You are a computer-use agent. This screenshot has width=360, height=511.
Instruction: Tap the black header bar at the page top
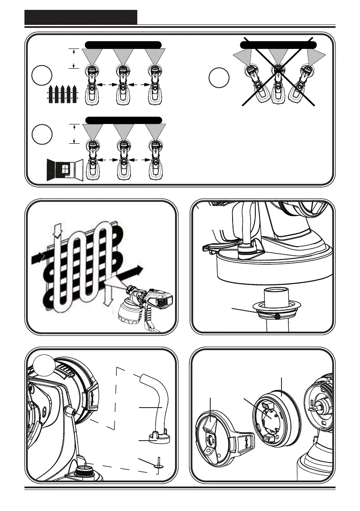pos(81,17)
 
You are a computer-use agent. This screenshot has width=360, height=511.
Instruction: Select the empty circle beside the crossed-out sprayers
pos(219,78)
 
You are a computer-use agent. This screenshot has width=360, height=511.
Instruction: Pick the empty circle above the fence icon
pos(42,76)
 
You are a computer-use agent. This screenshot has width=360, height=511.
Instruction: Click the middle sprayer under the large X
pos(279,84)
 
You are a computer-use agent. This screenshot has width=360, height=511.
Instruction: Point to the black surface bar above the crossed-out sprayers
pos(278,45)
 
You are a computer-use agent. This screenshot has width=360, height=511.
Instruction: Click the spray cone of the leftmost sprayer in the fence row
pos(92,56)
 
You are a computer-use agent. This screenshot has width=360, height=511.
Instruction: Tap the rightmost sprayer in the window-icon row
pos(155,157)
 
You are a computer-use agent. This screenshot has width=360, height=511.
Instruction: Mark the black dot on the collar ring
pos(278,317)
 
